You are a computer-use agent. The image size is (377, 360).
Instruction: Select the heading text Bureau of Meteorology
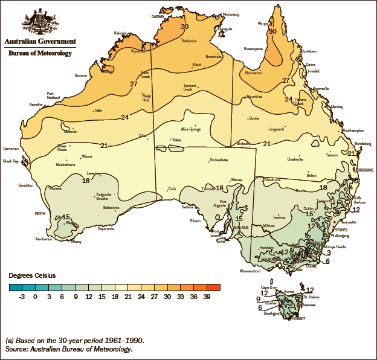(x=40, y=53)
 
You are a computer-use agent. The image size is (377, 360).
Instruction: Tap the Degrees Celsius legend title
(x=32, y=275)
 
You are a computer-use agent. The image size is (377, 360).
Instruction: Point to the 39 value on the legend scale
(x=208, y=297)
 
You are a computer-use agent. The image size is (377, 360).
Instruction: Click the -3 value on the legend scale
(x=22, y=297)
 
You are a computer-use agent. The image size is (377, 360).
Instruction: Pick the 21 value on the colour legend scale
(x=128, y=297)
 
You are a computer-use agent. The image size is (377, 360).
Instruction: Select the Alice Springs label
(x=190, y=129)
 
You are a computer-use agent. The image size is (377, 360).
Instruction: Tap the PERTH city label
(x=40, y=214)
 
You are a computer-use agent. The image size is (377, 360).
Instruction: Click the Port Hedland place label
(x=54, y=95)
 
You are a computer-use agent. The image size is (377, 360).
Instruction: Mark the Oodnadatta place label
(x=218, y=160)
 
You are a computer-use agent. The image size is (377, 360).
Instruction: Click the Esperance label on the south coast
(x=106, y=229)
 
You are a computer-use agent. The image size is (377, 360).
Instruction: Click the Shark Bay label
(x=11, y=161)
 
